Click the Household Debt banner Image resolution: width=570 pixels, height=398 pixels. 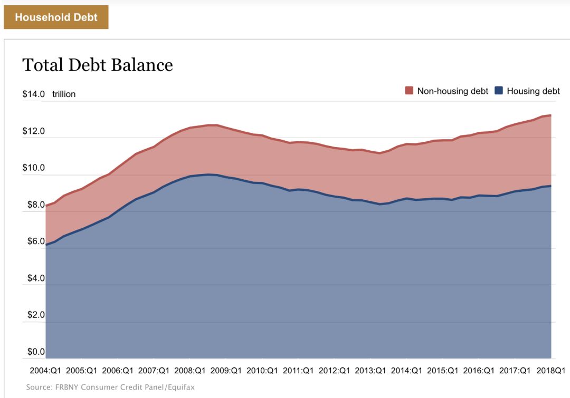pos(56,17)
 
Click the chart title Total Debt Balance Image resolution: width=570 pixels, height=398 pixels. pos(98,65)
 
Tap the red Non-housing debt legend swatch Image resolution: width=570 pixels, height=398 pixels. pos(409,91)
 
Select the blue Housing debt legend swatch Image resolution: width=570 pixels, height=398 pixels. pos(499,91)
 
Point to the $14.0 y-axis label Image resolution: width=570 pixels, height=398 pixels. pos(33,94)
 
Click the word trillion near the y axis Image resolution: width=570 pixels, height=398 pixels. pos(64,94)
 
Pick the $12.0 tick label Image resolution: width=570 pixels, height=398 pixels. pos(33,131)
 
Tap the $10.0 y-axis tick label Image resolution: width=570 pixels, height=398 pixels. pos(33,168)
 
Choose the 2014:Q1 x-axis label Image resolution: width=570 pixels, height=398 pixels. pos(406,371)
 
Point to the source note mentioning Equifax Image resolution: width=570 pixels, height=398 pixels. pos(110,387)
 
